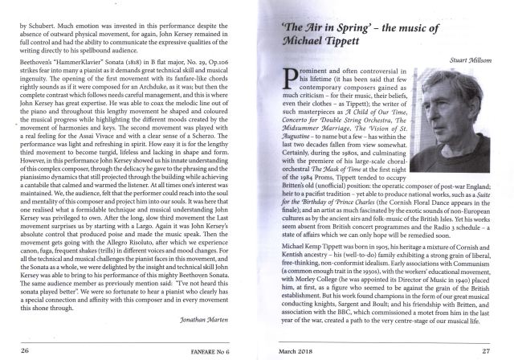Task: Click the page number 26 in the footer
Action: (24, 351)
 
